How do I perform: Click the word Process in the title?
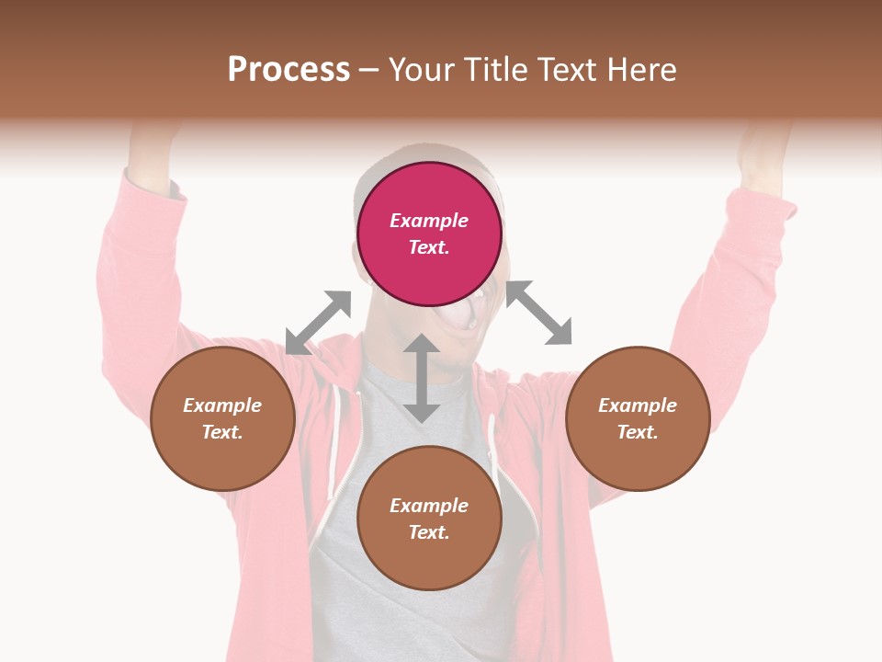click(x=288, y=70)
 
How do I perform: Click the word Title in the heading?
click(x=494, y=70)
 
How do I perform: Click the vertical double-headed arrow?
click(x=422, y=378)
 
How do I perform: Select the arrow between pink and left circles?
click(x=318, y=323)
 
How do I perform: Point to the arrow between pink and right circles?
click(x=538, y=314)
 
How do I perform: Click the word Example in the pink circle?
click(x=429, y=221)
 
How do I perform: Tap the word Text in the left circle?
click(x=222, y=432)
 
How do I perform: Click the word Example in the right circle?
click(x=638, y=405)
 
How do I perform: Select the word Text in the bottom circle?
click(x=429, y=532)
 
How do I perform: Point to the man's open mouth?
click(x=459, y=318)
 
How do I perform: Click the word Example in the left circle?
click(x=222, y=405)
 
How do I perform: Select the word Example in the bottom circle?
click(x=429, y=506)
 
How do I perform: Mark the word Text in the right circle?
click(x=638, y=432)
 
